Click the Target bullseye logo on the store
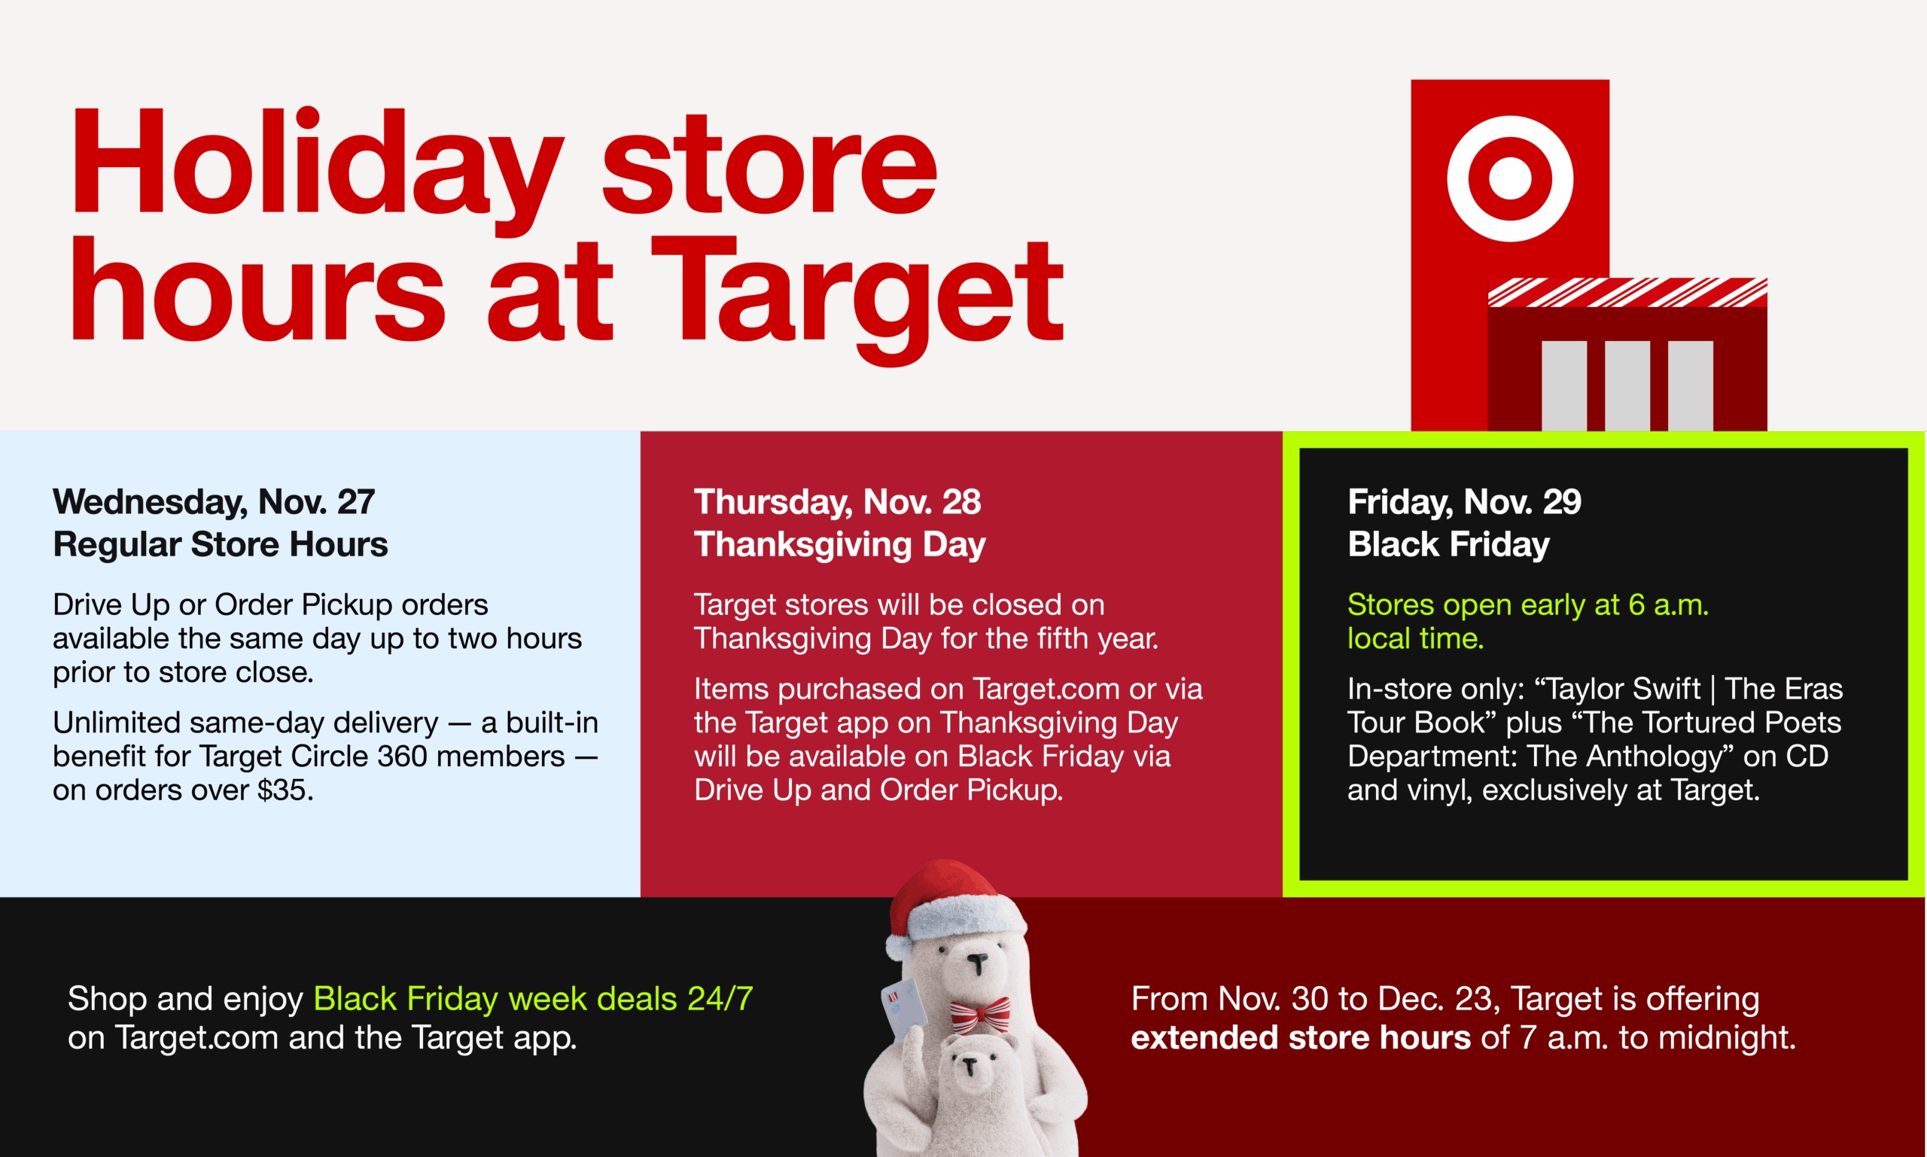click(1510, 178)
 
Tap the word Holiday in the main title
click(315, 164)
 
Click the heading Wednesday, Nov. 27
click(214, 502)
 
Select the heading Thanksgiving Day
click(839, 545)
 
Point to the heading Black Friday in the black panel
click(1448, 545)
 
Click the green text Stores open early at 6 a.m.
click(1527, 605)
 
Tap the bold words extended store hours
click(1300, 1039)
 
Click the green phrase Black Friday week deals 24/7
click(533, 1000)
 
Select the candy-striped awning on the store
click(1627, 292)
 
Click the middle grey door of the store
click(1627, 385)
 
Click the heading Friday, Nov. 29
click(1464, 502)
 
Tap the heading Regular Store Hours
click(221, 545)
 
